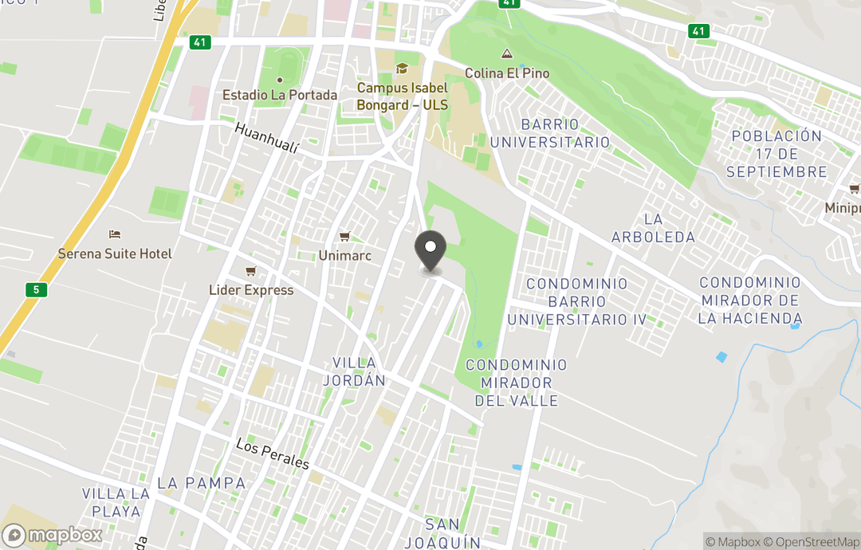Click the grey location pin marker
point(431,250)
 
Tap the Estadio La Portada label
point(280,94)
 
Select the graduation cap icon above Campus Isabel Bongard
point(402,69)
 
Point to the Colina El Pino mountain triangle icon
point(506,54)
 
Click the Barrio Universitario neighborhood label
point(550,133)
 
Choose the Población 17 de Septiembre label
point(777,153)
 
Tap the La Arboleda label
point(653,227)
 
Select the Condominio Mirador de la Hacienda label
point(749,301)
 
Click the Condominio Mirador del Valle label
point(517,383)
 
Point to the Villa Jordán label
point(354,371)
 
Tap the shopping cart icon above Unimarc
point(344,236)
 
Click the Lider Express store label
point(251,290)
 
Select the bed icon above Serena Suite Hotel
point(115,234)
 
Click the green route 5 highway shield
point(35,289)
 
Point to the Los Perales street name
point(272,454)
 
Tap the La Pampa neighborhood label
point(190,483)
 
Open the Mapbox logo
point(53,535)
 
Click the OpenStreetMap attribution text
point(812,542)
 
